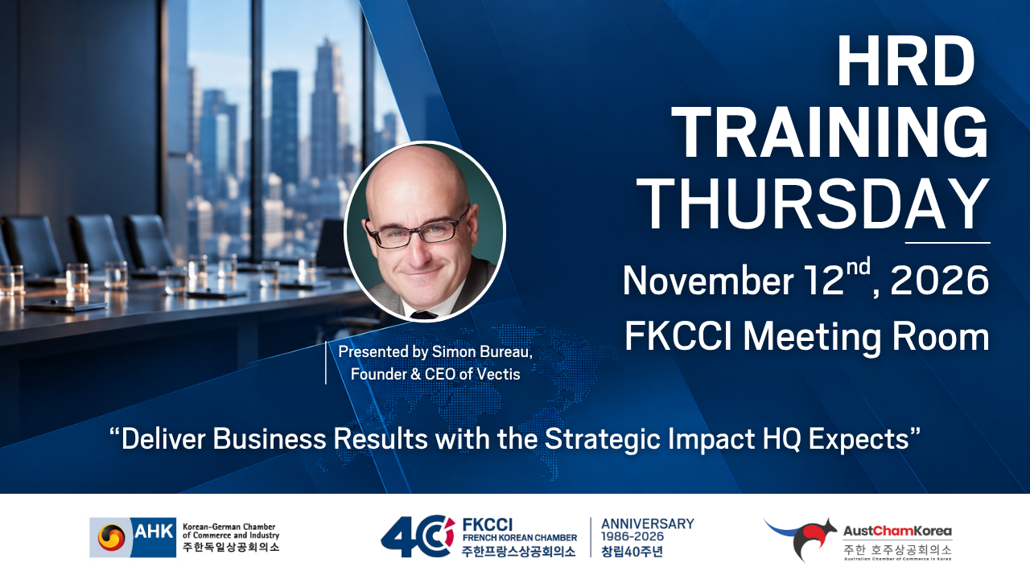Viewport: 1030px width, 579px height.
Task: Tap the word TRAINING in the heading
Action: (x=833, y=133)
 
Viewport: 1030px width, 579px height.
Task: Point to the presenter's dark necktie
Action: (x=423, y=314)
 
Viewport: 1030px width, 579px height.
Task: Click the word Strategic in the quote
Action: (x=603, y=439)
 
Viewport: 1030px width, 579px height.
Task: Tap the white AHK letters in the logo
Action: (x=154, y=532)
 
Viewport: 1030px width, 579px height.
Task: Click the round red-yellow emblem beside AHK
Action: (x=111, y=537)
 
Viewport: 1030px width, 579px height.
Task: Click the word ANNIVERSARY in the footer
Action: (x=648, y=524)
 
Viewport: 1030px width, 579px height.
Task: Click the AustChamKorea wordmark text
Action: (x=897, y=532)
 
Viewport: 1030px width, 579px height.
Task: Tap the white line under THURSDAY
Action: (x=948, y=242)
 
